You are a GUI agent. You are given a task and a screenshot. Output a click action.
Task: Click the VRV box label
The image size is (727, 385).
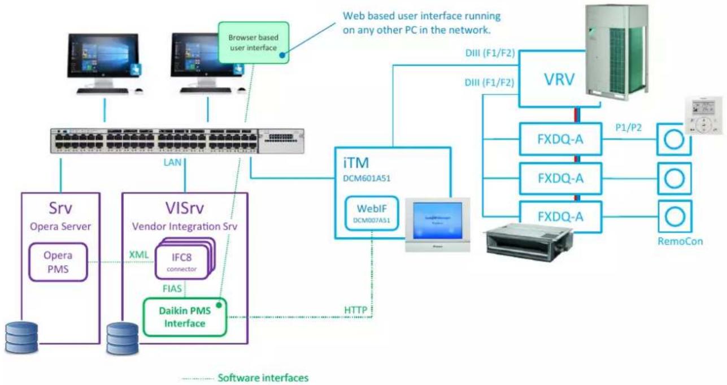coord(559,79)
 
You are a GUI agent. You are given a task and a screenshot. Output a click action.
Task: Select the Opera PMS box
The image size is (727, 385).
coord(58,262)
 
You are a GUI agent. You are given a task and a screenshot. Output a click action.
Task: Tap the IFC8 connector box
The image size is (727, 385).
coord(182,262)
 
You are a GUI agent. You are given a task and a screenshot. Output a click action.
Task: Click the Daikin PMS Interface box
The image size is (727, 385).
coord(185,317)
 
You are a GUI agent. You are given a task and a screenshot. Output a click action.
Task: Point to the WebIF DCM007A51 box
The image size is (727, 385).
coord(372,214)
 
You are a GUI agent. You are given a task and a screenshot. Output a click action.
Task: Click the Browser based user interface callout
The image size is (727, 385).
coord(254,42)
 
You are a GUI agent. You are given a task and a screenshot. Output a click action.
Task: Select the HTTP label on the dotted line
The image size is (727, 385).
coord(355,310)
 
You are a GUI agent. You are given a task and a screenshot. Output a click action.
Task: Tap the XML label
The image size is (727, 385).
coord(139,255)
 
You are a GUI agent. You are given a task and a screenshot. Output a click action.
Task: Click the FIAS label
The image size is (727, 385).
coord(172,288)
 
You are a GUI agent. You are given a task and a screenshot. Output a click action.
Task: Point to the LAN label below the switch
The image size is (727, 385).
coord(172,162)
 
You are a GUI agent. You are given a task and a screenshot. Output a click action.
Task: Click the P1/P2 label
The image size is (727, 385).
coord(628,128)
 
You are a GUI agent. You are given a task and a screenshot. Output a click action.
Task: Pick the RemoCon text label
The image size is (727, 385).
coord(680,241)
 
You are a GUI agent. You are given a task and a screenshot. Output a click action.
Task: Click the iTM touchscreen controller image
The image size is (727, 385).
coord(437,224)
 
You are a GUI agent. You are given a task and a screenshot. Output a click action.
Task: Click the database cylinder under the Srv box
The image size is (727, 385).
coord(21,338)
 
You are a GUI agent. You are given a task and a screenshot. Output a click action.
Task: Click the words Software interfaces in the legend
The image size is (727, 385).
coord(263,378)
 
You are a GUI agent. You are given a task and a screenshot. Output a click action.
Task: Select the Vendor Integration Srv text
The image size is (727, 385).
coord(184,227)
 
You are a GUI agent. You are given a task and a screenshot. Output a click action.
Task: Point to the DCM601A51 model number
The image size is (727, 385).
coord(367,179)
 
